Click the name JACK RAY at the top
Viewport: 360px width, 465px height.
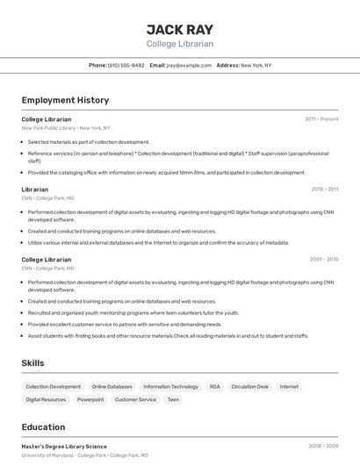[x=179, y=29]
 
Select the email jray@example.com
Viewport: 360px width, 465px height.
[x=189, y=65]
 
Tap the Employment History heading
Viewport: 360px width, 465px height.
[x=65, y=101]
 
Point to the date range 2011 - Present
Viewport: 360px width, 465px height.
[x=321, y=118]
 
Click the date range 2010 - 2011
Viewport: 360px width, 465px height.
[x=324, y=189]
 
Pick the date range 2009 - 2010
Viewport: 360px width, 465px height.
[x=323, y=260]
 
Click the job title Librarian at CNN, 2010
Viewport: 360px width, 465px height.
[x=35, y=190]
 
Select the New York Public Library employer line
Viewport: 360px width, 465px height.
[x=66, y=127]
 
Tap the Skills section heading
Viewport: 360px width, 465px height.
[x=34, y=363]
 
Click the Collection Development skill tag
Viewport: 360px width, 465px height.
[x=53, y=386]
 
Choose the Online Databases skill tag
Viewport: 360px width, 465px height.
[x=112, y=386]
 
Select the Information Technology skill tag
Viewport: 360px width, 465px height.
[x=171, y=386]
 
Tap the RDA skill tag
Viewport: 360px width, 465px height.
[x=215, y=386]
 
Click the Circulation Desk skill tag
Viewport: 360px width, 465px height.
[x=250, y=386]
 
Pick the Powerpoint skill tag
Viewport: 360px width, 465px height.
[x=90, y=399]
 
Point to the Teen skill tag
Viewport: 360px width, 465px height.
[x=173, y=399]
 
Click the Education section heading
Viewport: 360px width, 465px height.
[x=43, y=427]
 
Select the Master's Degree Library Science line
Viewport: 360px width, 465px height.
[x=64, y=447]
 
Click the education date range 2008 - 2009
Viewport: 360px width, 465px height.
[x=323, y=447]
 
